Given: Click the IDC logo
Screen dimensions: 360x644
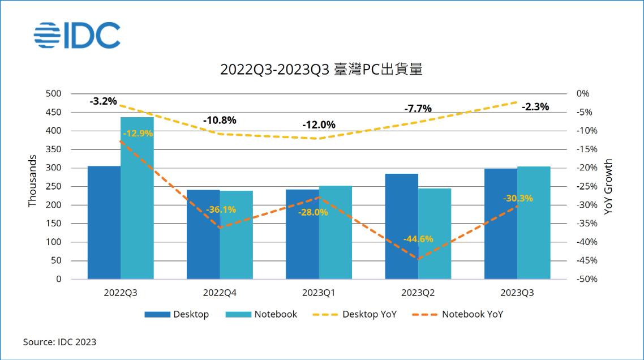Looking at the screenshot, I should (77, 35).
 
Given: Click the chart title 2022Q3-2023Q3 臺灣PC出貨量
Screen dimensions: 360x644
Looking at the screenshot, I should (321, 70).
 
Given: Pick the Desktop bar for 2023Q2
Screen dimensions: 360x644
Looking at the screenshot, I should (402, 226).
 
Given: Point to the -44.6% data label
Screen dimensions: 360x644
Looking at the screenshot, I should (418, 239).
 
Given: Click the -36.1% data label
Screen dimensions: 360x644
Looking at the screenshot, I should (220, 209).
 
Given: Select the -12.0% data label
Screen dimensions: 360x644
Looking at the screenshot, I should (319, 125).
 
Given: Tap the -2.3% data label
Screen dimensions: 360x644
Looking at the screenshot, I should (535, 106).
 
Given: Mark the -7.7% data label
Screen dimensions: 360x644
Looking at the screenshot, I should (418, 108).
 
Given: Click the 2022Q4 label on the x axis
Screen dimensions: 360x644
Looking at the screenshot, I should (220, 293).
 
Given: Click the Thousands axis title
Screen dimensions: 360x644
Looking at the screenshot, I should (32, 181).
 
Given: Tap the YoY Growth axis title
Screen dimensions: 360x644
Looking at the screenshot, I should (608, 186).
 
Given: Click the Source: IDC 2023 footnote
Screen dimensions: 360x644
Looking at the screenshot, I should (59, 342).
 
